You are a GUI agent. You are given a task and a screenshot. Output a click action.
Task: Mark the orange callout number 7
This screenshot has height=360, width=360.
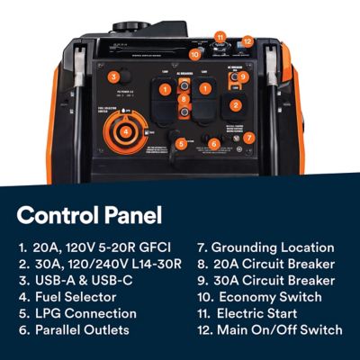pos(249,138)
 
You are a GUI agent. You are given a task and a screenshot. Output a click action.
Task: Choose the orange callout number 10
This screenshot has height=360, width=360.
pos(195,54)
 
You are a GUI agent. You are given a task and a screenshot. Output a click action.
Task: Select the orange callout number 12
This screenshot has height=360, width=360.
pos(247,40)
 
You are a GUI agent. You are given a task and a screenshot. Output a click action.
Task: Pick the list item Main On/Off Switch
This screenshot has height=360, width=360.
pos(279,330)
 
